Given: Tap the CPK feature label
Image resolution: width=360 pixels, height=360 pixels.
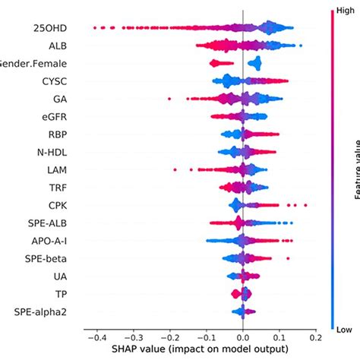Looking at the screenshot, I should [55, 204].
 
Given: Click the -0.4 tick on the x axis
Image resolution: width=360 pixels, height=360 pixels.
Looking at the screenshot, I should [94, 336].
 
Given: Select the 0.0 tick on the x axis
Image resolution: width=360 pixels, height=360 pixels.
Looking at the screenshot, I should [242, 336].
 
